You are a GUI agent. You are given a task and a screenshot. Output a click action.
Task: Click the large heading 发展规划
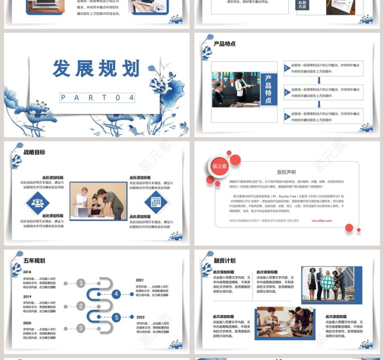tap(96, 69)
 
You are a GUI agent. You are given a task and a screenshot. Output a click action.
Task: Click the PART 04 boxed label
tap(97, 97)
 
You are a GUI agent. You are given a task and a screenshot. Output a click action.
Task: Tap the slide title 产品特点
tap(224, 44)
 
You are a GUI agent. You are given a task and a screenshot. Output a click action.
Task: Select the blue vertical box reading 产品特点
tap(268, 89)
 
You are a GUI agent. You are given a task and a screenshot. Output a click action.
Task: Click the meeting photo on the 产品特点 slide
tap(236, 89)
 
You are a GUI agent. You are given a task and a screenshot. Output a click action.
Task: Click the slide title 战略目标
tap(34, 152)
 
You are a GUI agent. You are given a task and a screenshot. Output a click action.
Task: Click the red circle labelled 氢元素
tap(220, 166)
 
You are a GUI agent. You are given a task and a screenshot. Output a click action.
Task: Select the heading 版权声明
tap(286, 172)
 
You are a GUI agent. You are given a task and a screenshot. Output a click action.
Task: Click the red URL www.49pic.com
tap(322, 221)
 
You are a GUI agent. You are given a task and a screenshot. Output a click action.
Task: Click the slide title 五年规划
tap(34, 261)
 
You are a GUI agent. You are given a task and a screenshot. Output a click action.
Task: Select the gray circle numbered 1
tap(81, 283)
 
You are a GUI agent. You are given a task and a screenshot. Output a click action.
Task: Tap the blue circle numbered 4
tap(117, 294)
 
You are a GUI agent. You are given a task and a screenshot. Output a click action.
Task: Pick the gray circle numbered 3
tap(81, 328)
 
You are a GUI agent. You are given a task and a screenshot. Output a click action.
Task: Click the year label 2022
tap(140, 317)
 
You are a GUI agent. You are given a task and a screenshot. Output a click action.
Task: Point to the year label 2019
tap(27, 296)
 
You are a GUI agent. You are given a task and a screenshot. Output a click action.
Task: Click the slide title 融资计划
tap(224, 261)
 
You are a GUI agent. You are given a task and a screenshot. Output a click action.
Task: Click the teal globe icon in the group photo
tap(327, 283)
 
